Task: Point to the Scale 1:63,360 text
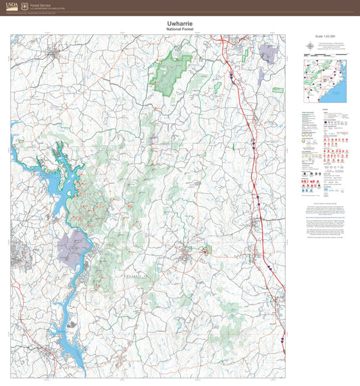pos(325,37)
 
